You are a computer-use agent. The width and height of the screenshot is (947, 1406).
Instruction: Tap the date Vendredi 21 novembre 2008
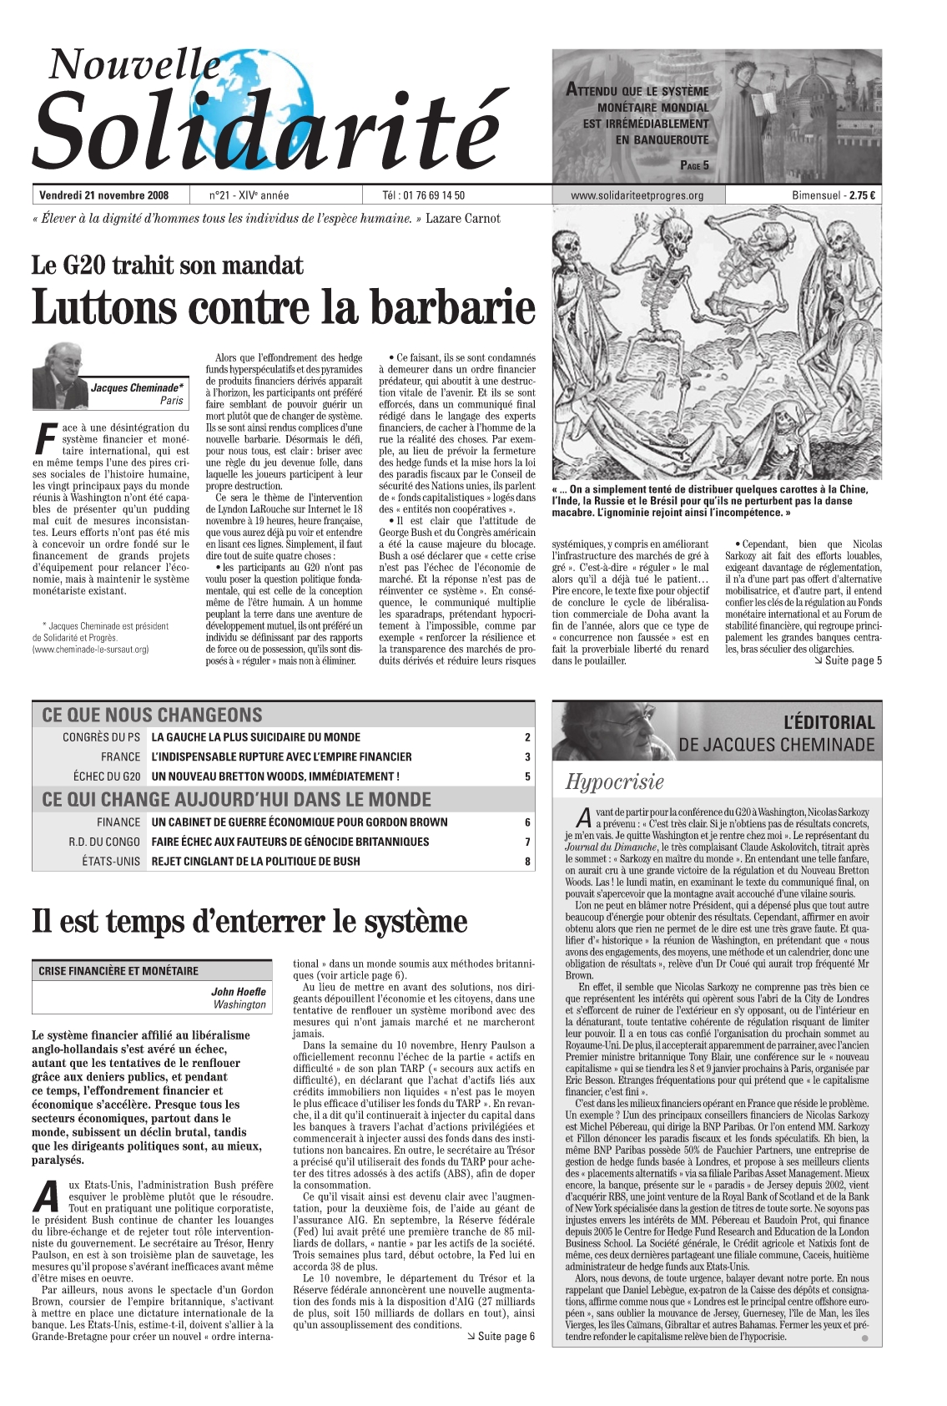(x=104, y=195)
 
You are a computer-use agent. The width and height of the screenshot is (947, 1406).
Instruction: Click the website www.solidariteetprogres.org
(x=637, y=195)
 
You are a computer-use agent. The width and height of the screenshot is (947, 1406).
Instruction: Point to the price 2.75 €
(x=862, y=195)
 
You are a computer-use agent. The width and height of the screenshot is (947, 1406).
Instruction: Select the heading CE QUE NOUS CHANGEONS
(x=152, y=715)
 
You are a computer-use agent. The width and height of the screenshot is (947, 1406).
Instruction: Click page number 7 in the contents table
(x=527, y=842)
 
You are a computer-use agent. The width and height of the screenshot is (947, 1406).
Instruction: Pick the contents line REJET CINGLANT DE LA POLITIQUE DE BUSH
(x=255, y=861)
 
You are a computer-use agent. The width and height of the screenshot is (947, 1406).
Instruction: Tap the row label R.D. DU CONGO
(x=104, y=842)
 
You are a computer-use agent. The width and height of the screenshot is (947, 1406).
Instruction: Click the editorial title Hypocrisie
(x=615, y=782)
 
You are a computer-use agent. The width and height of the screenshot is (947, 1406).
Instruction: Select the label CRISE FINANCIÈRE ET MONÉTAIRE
(x=118, y=971)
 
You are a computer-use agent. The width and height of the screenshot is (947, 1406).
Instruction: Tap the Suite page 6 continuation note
(x=500, y=1337)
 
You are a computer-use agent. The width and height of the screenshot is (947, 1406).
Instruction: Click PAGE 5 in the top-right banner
(x=694, y=165)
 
